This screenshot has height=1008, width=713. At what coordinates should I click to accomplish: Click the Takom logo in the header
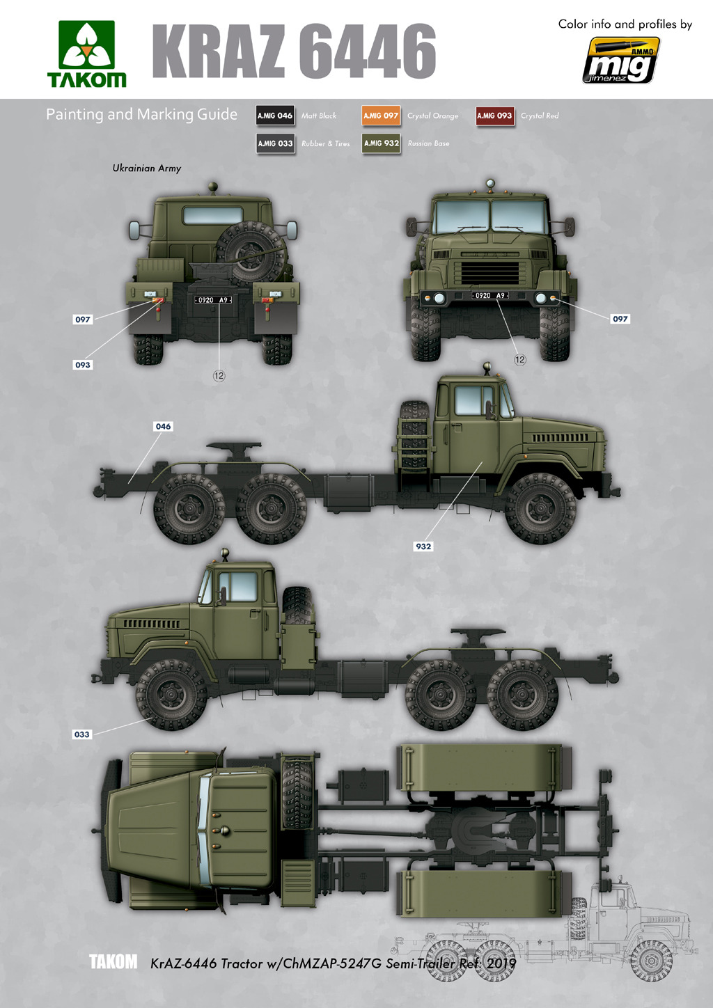86,54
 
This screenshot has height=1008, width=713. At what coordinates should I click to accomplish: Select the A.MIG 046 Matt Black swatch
275,116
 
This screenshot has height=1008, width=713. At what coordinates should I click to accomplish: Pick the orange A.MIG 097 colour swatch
381,116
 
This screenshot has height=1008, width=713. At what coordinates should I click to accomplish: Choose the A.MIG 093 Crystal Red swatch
494,116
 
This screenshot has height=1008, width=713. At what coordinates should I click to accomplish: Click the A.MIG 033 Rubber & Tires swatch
275,143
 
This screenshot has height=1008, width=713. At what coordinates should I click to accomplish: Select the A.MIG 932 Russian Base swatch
381,143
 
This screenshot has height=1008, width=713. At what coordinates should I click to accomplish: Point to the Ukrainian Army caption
147,168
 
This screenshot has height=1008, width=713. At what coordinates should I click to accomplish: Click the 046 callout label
163,426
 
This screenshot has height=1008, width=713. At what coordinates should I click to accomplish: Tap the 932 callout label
423,546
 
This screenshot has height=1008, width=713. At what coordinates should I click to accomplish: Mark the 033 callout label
81,734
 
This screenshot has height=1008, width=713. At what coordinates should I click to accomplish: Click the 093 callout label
82,365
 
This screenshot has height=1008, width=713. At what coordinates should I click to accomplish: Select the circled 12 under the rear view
219,376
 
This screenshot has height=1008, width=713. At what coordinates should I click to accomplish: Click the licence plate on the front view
489,295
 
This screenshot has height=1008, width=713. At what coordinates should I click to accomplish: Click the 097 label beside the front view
620,319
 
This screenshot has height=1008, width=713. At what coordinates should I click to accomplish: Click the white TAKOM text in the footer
113,961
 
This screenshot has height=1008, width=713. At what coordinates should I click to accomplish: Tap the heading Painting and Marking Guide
141,114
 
